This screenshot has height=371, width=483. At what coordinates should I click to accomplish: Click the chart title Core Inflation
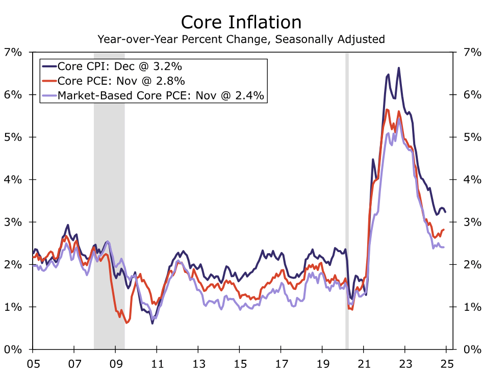click(241, 22)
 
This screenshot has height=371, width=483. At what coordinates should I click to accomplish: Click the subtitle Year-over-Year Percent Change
click(241, 39)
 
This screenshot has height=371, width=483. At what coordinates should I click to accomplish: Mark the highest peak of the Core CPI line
click(398, 68)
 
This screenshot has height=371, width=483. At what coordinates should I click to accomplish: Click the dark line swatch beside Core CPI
click(49, 67)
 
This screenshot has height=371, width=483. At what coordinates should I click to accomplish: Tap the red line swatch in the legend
click(49, 81)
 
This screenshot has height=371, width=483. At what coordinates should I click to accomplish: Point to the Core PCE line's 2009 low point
click(126, 323)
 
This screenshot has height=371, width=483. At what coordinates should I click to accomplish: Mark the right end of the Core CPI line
click(445, 212)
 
